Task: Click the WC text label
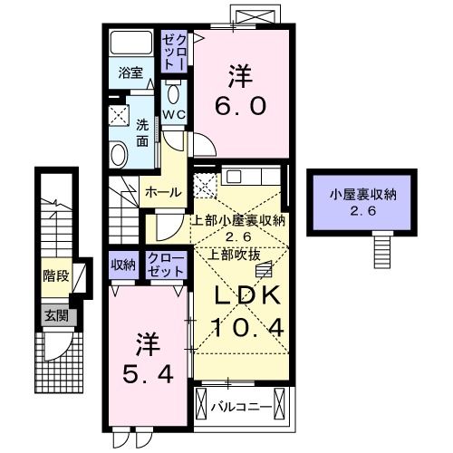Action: pyautogui.click(x=174, y=115)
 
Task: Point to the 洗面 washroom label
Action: pyautogui.click(x=143, y=133)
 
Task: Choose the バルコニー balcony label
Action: pyautogui.click(x=241, y=404)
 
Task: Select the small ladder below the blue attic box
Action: pyautogui.click(x=383, y=246)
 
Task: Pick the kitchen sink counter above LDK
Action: pyautogui.click(x=252, y=177)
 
